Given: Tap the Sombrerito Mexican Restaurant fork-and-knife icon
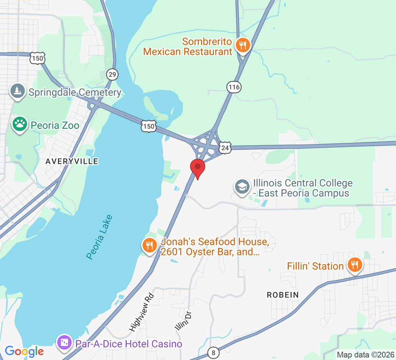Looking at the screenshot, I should [x=243, y=45].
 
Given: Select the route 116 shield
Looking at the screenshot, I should [x=234, y=87].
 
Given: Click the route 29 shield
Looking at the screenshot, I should [x=112, y=75].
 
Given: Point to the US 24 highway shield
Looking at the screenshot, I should [x=225, y=148].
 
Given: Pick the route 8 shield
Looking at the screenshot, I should [x=213, y=353].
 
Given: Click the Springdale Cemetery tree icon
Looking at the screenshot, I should [x=17, y=91].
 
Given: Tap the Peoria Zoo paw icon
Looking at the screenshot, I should [x=19, y=124].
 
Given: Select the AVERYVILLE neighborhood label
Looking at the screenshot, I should [x=72, y=162].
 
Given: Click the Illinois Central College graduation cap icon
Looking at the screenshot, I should [x=242, y=187].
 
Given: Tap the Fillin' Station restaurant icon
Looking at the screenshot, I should [x=355, y=265].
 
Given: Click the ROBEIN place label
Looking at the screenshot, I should [x=283, y=295].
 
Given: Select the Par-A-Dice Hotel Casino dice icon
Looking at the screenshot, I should [x=64, y=342].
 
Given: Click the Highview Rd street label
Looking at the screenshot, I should [x=142, y=312].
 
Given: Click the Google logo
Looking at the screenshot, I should [x=24, y=351].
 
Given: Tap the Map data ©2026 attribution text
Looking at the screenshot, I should [x=364, y=355].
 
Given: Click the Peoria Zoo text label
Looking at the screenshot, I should [x=55, y=125].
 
